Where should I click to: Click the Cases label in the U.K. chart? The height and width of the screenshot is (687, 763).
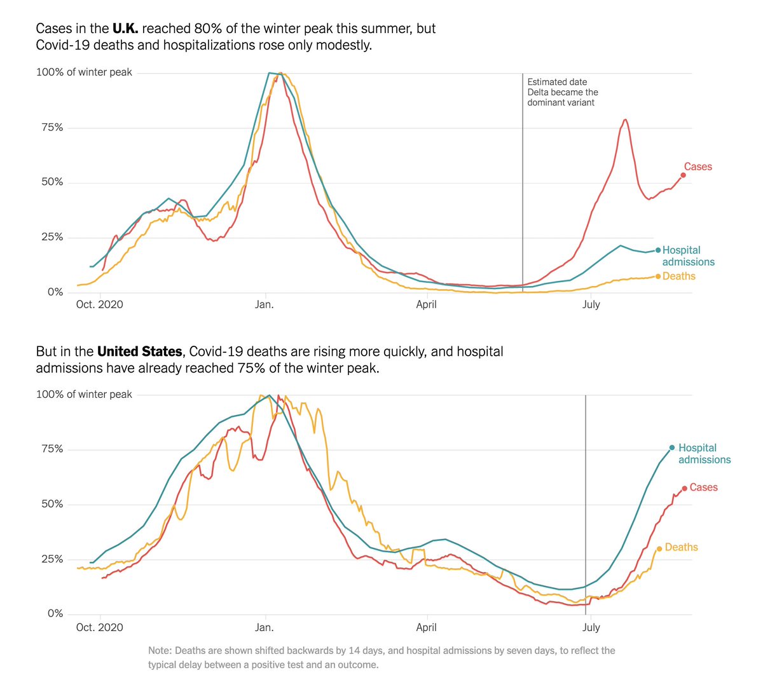point(698,167)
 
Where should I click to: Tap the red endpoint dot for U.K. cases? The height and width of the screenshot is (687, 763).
point(684,175)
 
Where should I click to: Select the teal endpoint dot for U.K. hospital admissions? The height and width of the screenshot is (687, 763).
point(658,250)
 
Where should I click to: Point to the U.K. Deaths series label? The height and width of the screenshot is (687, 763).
point(678,276)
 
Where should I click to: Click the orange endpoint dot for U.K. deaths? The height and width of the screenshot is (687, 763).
point(658,276)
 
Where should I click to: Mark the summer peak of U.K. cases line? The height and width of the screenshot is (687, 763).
point(626,119)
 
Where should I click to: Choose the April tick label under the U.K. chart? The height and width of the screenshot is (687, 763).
point(426,304)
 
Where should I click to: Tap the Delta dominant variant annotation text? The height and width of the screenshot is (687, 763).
point(562,92)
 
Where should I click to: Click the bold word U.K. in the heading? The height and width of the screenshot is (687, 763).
point(125,29)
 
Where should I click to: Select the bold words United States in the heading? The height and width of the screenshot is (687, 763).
point(139,351)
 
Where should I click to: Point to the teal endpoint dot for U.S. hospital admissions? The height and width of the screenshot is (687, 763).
point(672,447)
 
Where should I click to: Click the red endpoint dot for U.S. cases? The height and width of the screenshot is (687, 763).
point(684,488)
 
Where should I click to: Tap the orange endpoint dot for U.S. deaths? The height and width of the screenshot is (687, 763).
point(659,548)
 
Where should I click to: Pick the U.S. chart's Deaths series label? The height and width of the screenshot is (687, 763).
point(681,547)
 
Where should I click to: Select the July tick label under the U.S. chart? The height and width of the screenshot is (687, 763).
point(591,627)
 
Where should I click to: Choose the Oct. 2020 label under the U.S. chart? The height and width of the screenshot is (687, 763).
point(99,627)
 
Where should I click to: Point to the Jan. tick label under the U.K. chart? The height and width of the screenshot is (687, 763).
point(264,304)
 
